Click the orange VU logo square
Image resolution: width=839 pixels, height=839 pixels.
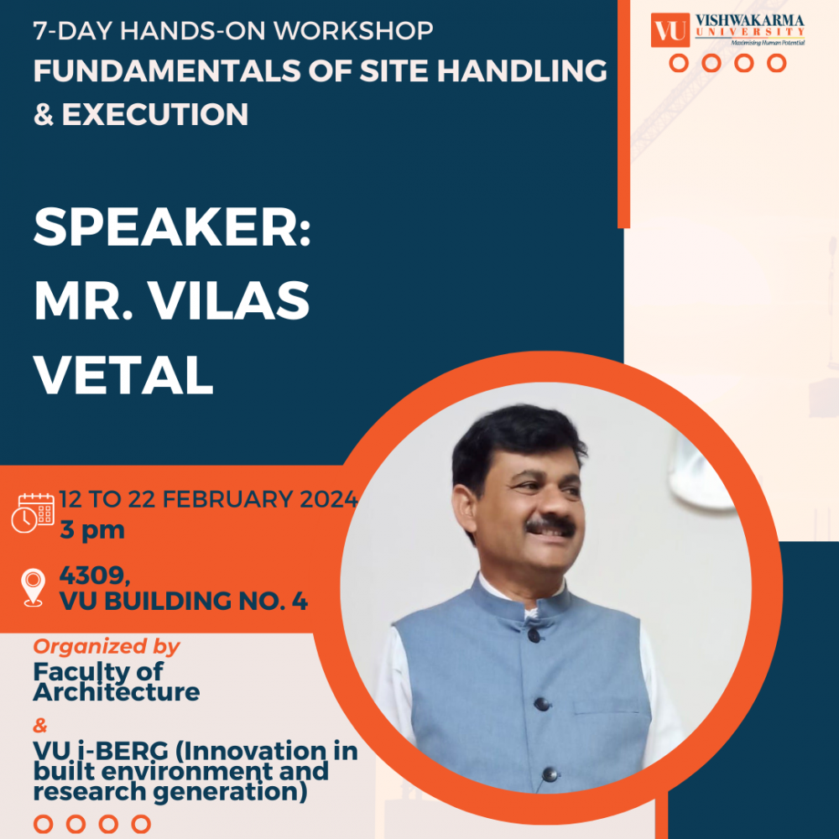coord(670,30)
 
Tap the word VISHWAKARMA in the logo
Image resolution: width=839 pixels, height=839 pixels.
coord(749,21)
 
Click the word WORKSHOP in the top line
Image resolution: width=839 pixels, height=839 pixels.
coord(353,30)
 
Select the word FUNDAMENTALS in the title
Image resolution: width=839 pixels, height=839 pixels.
coord(166,70)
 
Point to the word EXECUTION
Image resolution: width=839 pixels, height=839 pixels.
coord(155,114)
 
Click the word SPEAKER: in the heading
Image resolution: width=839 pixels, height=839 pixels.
coord(172,227)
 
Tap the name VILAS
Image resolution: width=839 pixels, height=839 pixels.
coord(228,300)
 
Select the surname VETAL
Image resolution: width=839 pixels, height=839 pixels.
coord(123,374)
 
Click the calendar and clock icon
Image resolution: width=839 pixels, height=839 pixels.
coord(34,513)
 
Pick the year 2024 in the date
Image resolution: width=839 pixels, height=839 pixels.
coord(329,499)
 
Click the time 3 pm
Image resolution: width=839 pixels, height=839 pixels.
coord(92,529)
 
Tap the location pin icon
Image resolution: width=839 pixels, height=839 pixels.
coord(34,587)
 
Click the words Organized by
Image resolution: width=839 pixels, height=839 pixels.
coord(107,647)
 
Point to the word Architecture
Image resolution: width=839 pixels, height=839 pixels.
coord(117,692)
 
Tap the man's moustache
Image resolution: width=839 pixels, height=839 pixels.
coord(550,526)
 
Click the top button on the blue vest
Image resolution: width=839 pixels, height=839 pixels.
coord(534,635)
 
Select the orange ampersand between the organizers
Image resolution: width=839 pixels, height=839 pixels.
coord(40,726)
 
